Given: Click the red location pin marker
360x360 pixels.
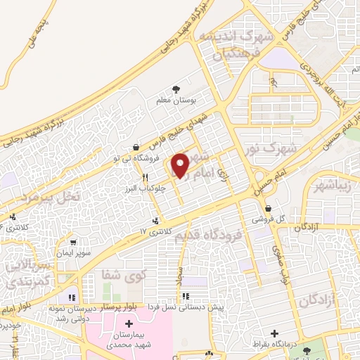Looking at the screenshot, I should click(x=181, y=165).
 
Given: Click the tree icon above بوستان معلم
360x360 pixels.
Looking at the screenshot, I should click(x=175, y=89).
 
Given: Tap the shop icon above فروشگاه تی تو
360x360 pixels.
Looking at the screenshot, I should click(x=135, y=148).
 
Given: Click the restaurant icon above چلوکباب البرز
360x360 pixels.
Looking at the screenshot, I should click(x=145, y=177).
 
